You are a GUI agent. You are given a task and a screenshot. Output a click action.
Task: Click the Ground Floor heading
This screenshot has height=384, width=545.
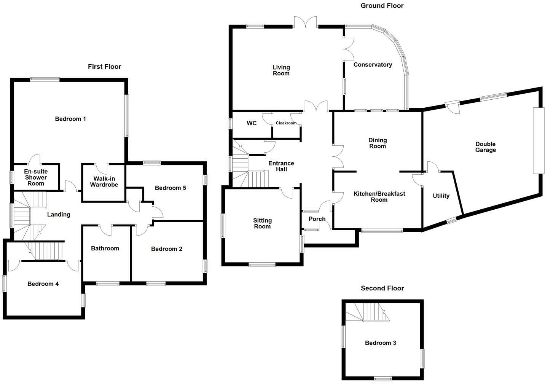pyautogui.click(x=382, y=6)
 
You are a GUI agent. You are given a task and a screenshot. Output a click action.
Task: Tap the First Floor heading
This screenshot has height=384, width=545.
pyautogui.click(x=104, y=67)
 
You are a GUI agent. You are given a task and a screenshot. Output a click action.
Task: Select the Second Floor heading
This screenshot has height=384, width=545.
pyautogui.click(x=382, y=288)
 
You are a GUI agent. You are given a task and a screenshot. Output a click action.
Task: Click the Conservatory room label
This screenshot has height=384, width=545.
pyautogui.click(x=373, y=64)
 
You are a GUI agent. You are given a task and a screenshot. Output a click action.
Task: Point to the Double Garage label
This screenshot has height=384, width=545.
pyautogui.click(x=485, y=147)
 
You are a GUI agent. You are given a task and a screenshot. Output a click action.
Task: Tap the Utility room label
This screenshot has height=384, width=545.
pyautogui.click(x=441, y=196)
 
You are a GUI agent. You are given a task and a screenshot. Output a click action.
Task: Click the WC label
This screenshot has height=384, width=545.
pyautogui.click(x=252, y=123)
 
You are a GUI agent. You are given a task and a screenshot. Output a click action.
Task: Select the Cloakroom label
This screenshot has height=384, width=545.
pyautogui.click(x=286, y=123)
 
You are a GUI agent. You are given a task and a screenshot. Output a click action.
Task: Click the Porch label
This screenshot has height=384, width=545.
pyautogui.click(x=317, y=219)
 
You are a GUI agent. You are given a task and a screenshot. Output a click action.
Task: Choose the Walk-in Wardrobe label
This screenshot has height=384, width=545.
pyautogui.click(x=104, y=182)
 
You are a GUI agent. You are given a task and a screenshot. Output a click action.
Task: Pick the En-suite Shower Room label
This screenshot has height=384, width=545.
pyautogui.click(x=36, y=177)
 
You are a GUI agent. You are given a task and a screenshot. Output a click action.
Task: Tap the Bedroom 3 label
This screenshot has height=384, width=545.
pyautogui.click(x=381, y=343)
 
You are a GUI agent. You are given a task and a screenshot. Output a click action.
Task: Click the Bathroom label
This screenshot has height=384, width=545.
pyautogui.click(x=105, y=248)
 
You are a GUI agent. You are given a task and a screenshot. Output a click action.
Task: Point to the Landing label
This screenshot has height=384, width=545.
pyautogui.click(x=59, y=214)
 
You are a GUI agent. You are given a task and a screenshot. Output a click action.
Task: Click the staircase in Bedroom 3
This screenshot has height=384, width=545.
pyautogui.click(x=367, y=312)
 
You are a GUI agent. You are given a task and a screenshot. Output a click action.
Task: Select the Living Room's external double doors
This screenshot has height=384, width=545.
pyautogui.click(x=305, y=21)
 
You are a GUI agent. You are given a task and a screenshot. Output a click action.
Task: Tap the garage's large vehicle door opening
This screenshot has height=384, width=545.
pyautogui.click(x=539, y=140)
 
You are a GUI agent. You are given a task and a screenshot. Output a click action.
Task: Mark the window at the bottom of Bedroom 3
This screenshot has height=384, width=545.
pyautogui.click(x=383, y=378)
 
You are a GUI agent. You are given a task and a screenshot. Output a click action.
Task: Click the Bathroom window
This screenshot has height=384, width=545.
pyautogui.click(x=108, y=284)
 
